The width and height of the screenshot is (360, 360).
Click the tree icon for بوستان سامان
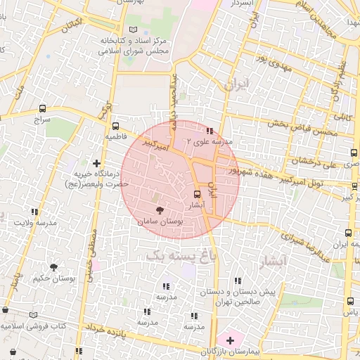[160, 210]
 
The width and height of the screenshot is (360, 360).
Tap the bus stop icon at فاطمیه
[116, 125]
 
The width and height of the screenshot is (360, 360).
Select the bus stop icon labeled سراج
[43, 108]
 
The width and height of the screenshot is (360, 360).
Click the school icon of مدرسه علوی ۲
[210, 129]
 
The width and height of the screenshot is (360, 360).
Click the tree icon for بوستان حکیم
[53, 266]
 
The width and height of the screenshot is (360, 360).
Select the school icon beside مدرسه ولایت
[34, 211]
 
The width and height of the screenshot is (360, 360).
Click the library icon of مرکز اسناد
[134, 29]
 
